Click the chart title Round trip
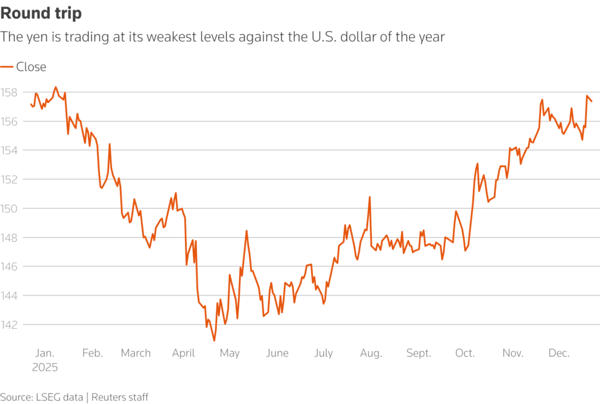point(41,13)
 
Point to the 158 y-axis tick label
point(9,93)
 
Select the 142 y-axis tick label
point(9,324)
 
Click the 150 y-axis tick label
point(9,208)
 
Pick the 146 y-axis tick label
point(9,266)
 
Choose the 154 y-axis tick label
point(9,150)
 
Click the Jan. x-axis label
point(45,353)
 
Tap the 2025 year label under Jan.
point(45,368)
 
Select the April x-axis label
point(183,353)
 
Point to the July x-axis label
point(323,353)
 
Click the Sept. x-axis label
point(418,353)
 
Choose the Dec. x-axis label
point(558,353)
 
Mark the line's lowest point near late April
point(214,341)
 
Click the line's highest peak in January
point(56,87)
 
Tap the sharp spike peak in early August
point(370,197)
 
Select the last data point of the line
point(592,101)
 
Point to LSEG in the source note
point(46,397)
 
